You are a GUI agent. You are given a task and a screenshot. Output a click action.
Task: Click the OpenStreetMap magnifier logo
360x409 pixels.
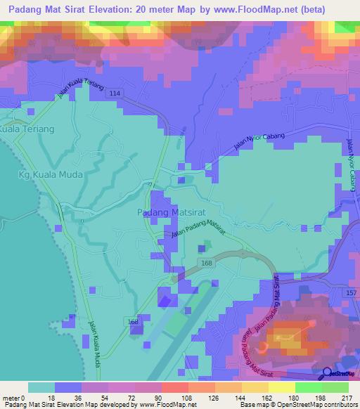point(327,374)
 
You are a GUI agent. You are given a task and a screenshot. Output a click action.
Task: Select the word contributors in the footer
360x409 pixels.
point(340,405)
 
